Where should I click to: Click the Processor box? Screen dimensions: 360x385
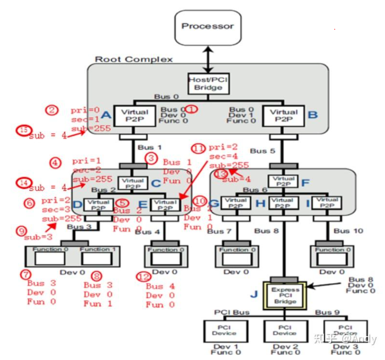(207, 27)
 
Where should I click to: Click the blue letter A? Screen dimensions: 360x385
(106, 115)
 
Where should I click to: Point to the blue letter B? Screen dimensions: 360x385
(313, 114)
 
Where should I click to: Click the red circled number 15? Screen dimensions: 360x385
(23, 130)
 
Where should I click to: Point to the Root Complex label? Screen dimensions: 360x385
(134, 59)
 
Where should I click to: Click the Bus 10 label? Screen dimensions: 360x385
(348, 230)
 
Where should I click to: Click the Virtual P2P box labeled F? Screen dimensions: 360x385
(283, 182)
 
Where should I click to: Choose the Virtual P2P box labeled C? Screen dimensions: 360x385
(132, 183)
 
